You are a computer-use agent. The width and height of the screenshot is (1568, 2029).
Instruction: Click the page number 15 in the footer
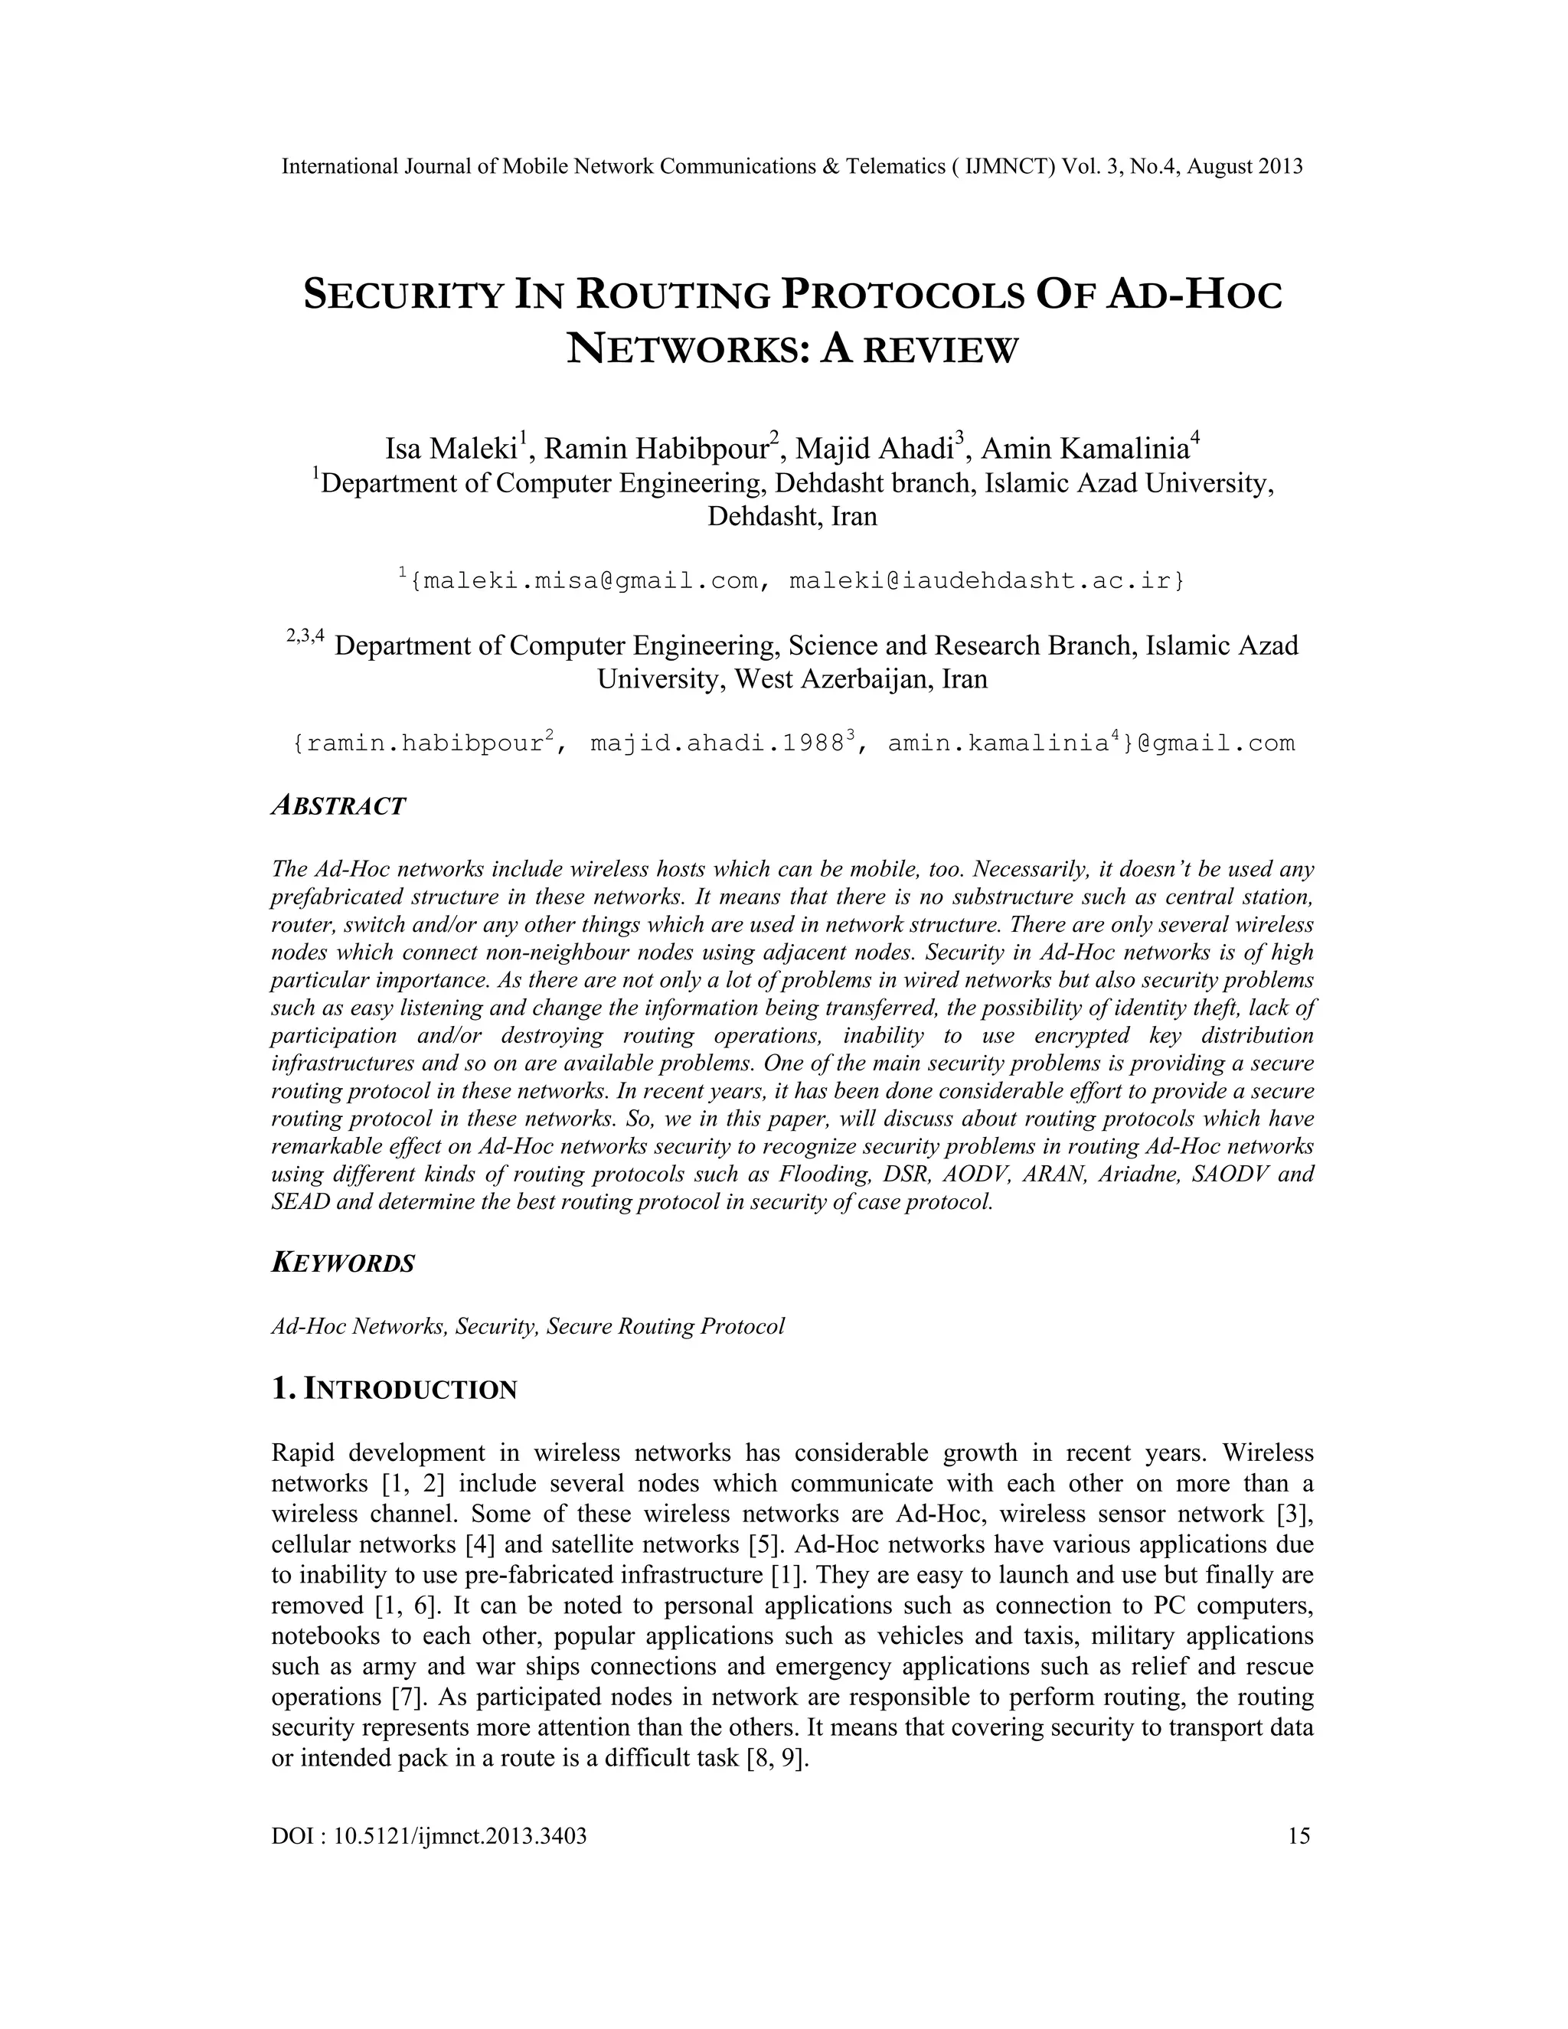coord(1298,1837)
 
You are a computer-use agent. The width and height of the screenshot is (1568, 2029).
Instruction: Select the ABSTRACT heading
coord(339,805)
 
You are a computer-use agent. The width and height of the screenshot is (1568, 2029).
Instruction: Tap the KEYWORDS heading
coord(343,1263)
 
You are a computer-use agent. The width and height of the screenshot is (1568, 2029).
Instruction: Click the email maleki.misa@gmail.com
coord(583,582)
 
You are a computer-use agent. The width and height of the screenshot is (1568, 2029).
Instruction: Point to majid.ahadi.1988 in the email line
coord(715,744)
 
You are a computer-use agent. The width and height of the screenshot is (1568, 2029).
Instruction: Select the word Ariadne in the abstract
coord(1136,1175)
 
